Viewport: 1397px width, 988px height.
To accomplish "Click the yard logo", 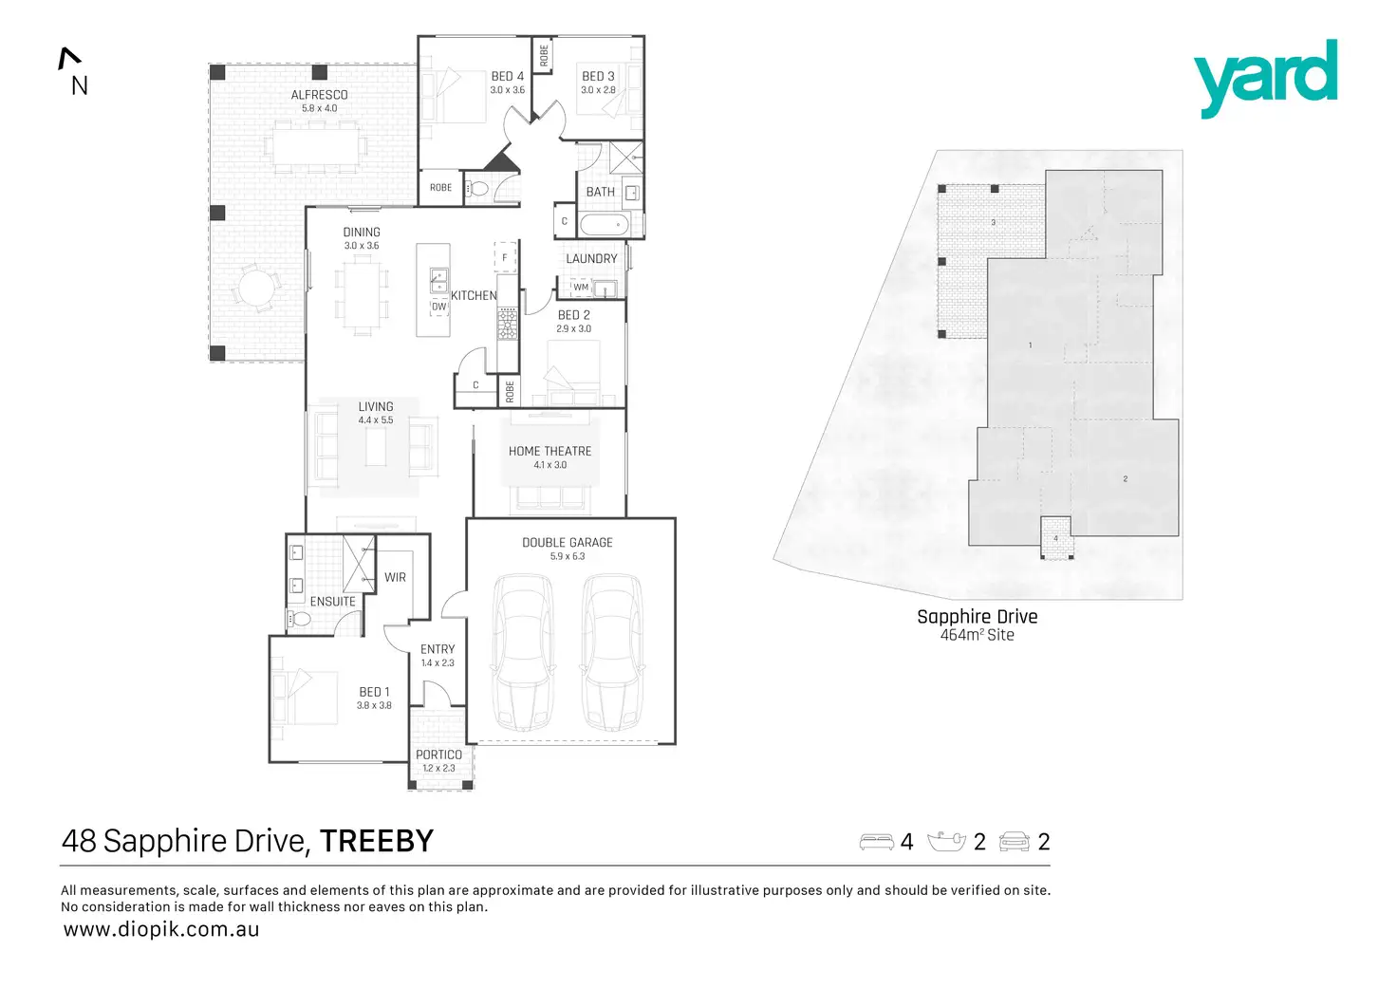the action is point(1265,78).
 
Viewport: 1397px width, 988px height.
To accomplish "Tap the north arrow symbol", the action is point(68,59).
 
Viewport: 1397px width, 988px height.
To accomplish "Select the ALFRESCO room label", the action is point(319,95).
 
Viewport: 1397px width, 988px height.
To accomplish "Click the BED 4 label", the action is point(507,76).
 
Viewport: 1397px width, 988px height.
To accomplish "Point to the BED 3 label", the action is point(598,76).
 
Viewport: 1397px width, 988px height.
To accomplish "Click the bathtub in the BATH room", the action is point(604,225).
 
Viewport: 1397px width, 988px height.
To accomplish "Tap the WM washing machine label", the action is point(581,287).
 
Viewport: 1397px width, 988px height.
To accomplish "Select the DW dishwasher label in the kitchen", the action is point(438,307).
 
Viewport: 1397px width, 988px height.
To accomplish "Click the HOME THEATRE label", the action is point(549,452).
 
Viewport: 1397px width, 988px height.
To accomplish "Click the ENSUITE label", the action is point(332,602).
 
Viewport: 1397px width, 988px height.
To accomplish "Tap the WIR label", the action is point(395,577).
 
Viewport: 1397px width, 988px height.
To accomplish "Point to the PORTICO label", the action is point(438,755).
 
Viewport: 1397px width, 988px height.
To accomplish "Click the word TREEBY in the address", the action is point(376,841).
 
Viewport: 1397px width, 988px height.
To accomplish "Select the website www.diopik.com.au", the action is point(160,930).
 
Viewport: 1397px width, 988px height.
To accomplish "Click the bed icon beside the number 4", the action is point(876,842).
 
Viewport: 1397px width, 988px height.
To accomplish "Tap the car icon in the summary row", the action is point(1015,842).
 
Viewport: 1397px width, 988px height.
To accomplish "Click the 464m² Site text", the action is point(977,635).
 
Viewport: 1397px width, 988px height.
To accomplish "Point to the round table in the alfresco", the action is point(255,286).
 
